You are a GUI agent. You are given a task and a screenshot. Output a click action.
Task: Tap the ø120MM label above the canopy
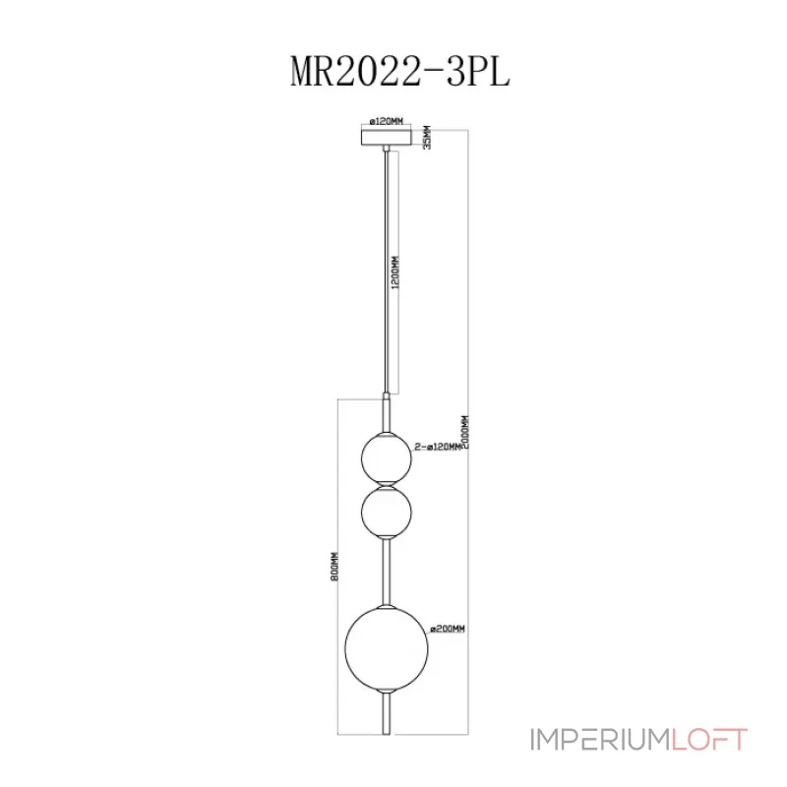click(x=385, y=122)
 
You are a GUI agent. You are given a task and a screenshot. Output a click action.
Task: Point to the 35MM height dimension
click(x=425, y=138)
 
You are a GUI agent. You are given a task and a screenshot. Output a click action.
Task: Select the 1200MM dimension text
click(x=395, y=272)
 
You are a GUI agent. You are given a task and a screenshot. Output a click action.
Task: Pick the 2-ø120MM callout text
click(x=438, y=447)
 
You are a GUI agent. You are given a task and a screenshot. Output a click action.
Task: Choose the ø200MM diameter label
click(x=447, y=627)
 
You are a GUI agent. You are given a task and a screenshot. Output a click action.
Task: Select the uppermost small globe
click(x=386, y=454)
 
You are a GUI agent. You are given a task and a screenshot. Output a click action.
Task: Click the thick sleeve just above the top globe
click(x=386, y=410)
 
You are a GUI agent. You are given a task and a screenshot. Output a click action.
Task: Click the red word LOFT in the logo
click(x=710, y=739)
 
